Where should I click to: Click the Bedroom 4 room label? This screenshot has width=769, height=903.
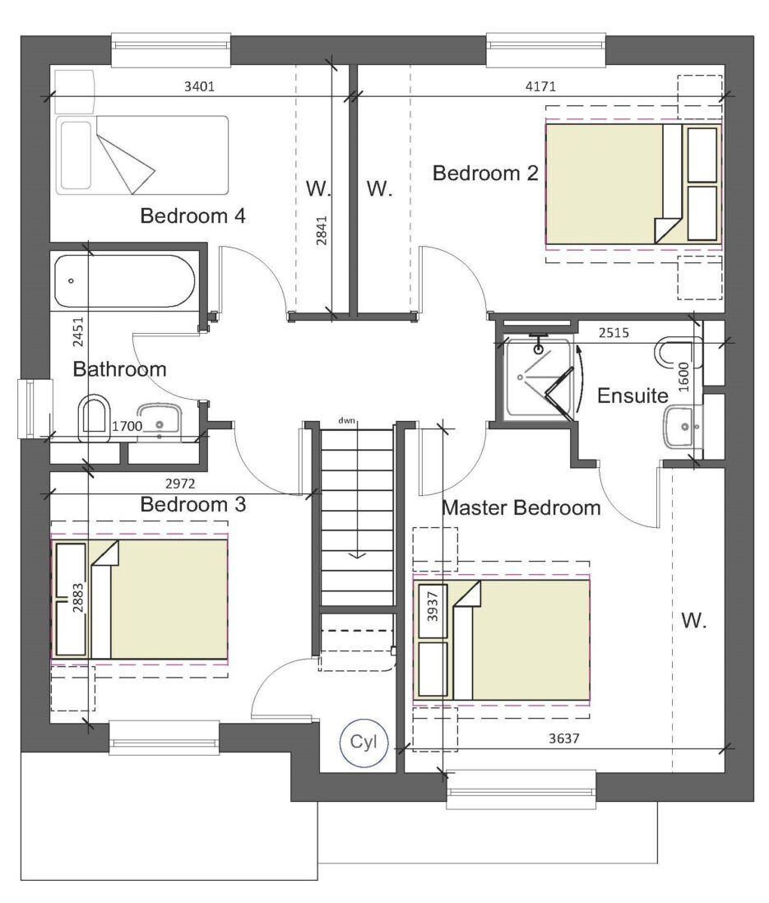pyautogui.click(x=193, y=216)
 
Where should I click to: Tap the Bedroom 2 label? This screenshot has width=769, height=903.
pyautogui.click(x=485, y=174)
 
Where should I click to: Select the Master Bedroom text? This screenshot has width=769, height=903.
pyautogui.click(x=521, y=507)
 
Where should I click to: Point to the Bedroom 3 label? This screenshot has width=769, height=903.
pyautogui.click(x=193, y=504)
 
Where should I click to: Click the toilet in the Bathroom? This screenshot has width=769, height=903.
pyautogui.click(x=96, y=418)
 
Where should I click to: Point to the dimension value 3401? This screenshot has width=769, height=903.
pyautogui.click(x=199, y=86)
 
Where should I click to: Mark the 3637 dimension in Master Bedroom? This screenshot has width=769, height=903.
pyautogui.click(x=564, y=739)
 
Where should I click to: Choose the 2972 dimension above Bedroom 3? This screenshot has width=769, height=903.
pyautogui.click(x=180, y=484)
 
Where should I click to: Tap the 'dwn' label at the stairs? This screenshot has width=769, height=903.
pyautogui.click(x=346, y=420)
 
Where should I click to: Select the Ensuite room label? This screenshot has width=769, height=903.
pyautogui.click(x=632, y=396)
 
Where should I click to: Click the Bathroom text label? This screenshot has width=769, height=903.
pyautogui.click(x=120, y=369)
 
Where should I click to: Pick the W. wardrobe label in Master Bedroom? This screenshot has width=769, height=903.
pyautogui.click(x=694, y=621)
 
